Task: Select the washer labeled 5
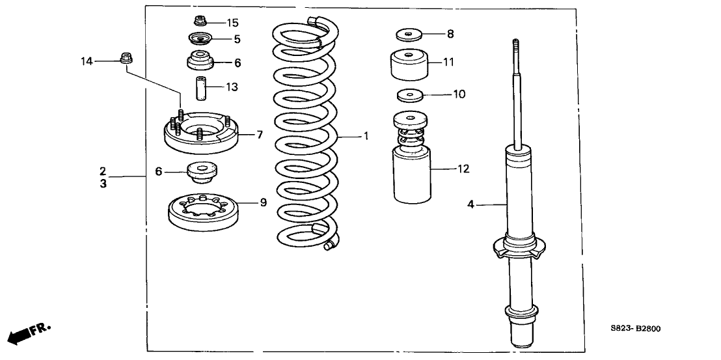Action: click(200, 39)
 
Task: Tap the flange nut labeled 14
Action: click(126, 59)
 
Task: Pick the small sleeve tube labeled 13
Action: click(200, 87)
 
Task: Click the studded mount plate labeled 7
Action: click(202, 134)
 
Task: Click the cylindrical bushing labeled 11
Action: click(409, 64)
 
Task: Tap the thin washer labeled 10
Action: click(409, 96)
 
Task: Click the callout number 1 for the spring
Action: click(366, 137)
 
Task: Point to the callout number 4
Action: click(470, 205)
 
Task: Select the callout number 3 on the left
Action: click(103, 184)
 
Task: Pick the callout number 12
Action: click(463, 169)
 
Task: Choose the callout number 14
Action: click(87, 61)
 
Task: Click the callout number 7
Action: click(259, 135)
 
